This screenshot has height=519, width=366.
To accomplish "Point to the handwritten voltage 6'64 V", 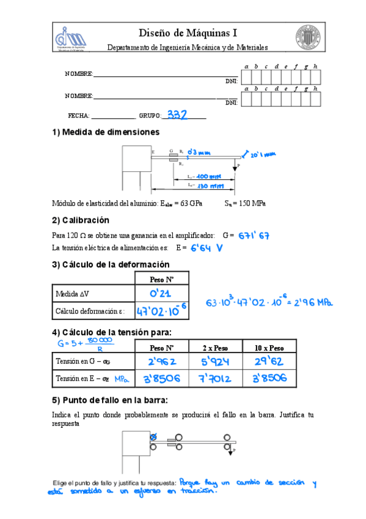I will pos(207,248).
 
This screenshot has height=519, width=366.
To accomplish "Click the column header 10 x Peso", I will pos(269,348).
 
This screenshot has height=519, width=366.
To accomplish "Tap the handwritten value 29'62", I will pos(269,362).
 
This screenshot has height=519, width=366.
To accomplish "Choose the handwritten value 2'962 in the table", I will pos(160,362).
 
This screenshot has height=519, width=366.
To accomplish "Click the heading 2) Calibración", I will pos(81,220).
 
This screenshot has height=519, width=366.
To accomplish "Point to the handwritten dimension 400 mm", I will pos(209,176).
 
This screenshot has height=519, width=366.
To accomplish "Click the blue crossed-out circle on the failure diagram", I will pos(153,437).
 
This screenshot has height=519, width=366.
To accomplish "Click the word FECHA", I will pos(78,116).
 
